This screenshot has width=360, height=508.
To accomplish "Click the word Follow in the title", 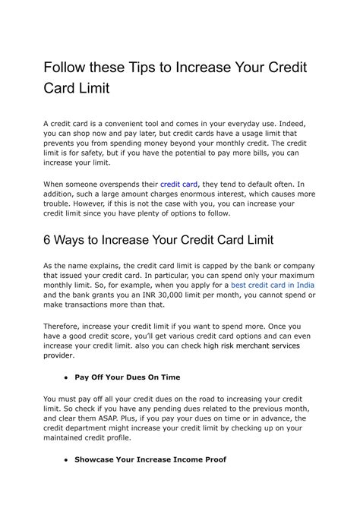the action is click(x=66, y=67).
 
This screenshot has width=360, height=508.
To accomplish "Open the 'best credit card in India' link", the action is click(x=273, y=285).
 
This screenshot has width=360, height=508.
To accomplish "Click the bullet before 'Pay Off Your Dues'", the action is click(x=68, y=377).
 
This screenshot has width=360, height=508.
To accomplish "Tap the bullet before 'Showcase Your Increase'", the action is click(x=68, y=459).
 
